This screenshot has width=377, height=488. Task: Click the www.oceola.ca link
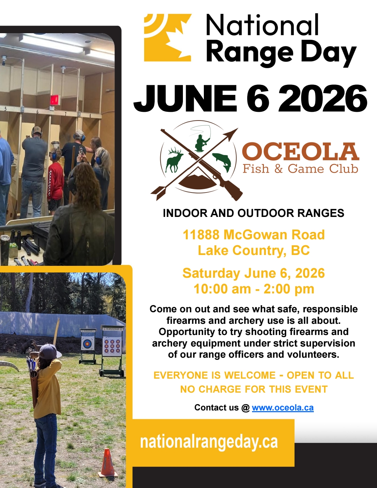pyautogui.click(x=283, y=408)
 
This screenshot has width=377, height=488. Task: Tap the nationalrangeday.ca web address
pyautogui.click(x=209, y=442)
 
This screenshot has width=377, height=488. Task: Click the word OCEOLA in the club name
pyautogui.click(x=301, y=152)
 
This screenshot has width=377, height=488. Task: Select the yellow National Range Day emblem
pyautogui.click(x=168, y=37)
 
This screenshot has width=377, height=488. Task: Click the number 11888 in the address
pyautogui.click(x=201, y=235)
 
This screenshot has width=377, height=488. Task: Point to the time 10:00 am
pyautogui.click(x=222, y=289)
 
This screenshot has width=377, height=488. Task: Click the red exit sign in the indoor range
pyautogui.click(x=54, y=100)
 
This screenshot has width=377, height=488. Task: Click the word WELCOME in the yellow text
pyautogui.click(x=250, y=375)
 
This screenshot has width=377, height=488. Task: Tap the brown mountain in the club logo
pyautogui.click(x=198, y=181)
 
